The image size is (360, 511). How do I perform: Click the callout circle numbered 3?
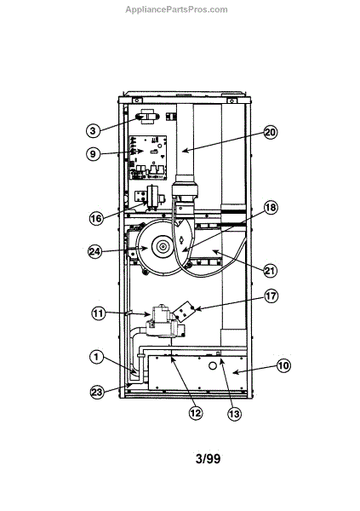(93, 130)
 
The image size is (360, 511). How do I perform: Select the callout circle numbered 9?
(93, 153)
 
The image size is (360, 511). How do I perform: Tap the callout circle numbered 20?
(270, 133)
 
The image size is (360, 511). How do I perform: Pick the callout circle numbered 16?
(96, 218)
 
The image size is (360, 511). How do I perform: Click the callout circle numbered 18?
(271, 208)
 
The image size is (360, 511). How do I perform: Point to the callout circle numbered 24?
(95, 251)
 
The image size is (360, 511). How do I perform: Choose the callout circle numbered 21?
(270, 270)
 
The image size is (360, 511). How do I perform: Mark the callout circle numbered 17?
(271, 296)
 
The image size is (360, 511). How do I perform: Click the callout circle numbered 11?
(98, 313)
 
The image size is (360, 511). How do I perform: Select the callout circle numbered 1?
(96, 357)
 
